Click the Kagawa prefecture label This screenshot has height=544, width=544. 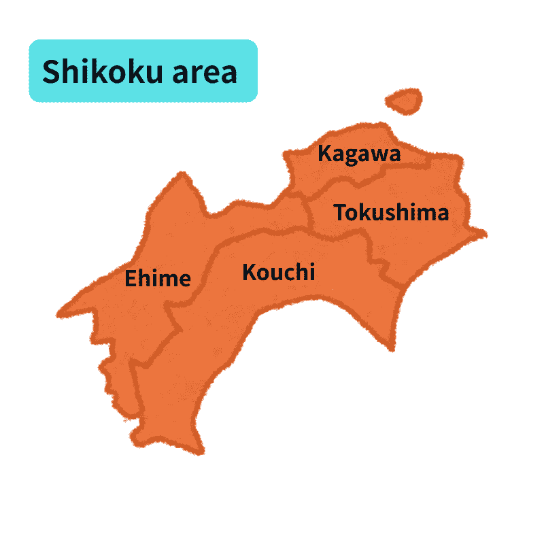[359, 154]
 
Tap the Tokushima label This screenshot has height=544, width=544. [391, 213]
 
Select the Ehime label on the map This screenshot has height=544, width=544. [157, 278]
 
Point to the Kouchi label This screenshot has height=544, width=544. [279, 273]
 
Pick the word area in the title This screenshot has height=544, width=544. [205, 71]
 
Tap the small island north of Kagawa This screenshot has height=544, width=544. [404, 101]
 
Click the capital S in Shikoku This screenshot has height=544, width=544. [51, 71]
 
